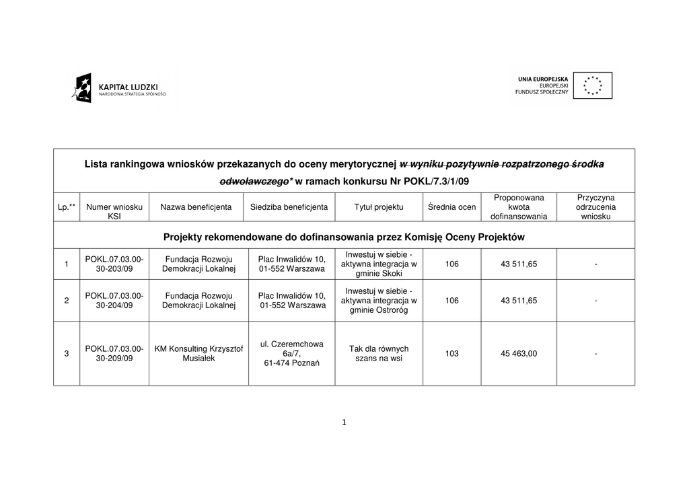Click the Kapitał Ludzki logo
[x=118, y=88]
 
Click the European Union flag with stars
[x=592, y=85]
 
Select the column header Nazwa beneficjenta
[x=196, y=207]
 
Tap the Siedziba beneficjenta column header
[x=289, y=207]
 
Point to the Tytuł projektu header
[x=379, y=207]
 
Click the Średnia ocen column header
[x=451, y=207]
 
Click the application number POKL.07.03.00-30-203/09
[x=114, y=264]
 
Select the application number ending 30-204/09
[x=114, y=301]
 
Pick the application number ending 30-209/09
[x=114, y=354]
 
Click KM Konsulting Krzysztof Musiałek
[x=198, y=354]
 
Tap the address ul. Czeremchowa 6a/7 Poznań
[x=291, y=354]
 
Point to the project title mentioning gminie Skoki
[x=379, y=264]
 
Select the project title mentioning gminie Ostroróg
[x=379, y=301]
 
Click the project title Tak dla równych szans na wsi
[x=379, y=354]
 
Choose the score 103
[x=451, y=354]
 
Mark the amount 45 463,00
[x=519, y=354]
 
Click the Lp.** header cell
[x=67, y=207]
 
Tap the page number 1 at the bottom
[x=344, y=422]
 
